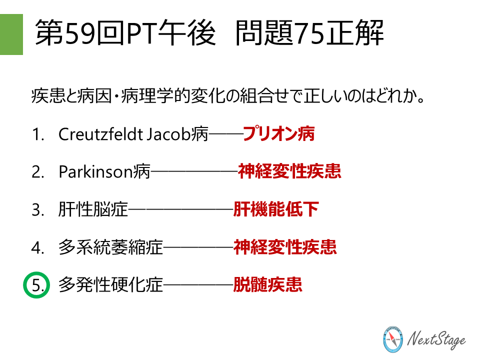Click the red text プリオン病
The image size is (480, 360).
pyautogui.click(x=279, y=134)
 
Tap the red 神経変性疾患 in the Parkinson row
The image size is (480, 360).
pyautogui.click(x=289, y=172)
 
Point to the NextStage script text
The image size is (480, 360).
pyautogui.click(x=436, y=340)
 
